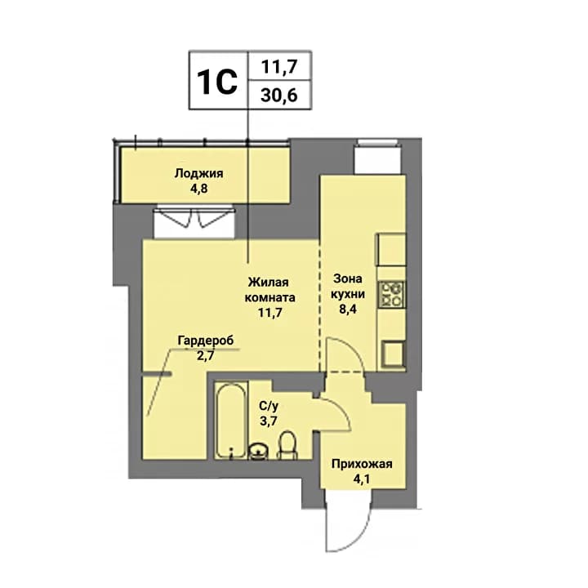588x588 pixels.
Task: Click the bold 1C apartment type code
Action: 217,82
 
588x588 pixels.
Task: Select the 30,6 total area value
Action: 279,96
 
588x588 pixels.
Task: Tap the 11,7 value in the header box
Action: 279,67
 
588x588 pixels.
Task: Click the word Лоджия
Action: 198,174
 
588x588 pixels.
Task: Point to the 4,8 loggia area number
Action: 198,189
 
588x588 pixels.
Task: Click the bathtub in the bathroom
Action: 231,420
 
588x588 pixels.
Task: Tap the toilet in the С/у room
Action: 287,446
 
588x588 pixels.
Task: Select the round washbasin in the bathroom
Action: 258,451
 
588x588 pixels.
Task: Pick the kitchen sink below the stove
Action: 393,354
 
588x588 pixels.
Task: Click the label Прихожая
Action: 362,464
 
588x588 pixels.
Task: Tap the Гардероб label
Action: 206,341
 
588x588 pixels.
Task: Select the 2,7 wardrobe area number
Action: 206,355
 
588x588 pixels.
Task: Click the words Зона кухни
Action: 348,286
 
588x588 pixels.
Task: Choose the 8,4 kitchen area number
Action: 348,310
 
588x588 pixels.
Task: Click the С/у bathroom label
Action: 269,406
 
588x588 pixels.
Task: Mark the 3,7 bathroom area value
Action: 269,421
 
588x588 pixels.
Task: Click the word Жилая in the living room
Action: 269,282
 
